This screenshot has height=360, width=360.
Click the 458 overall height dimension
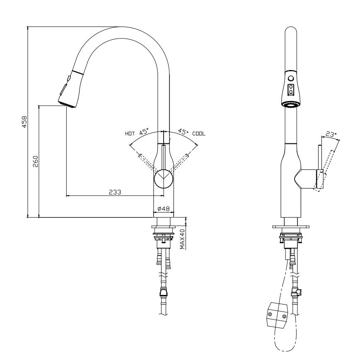[24, 121]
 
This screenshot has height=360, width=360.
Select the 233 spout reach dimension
[115, 192]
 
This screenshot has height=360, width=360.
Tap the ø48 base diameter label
[164, 209]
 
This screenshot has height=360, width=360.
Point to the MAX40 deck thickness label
[182, 239]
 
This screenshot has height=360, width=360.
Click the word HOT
[130, 134]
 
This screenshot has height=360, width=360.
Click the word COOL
[199, 134]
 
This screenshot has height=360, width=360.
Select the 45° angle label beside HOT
[144, 133]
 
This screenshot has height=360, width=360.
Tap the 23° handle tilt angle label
[330, 134]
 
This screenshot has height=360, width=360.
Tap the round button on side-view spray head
[291, 78]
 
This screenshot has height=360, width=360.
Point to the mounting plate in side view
[291, 227]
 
